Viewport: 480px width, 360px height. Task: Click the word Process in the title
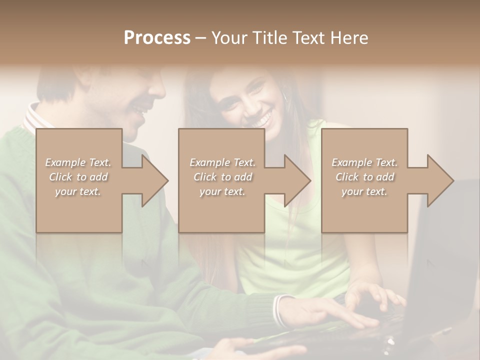tap(157, 38)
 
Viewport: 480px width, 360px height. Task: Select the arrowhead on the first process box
tap(152, 180)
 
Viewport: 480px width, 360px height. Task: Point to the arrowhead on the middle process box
tap(295, 180)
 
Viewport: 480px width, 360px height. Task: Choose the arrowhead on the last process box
tap(438, 180)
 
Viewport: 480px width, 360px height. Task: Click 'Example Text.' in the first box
tap(78, 162)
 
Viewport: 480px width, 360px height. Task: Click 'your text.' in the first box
tap(78, 191)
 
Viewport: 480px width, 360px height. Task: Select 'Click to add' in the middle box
tap(222, 177)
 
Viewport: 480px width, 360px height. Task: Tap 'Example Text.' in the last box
tap(364, 162)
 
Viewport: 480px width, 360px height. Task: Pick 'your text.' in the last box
tap(364, 191)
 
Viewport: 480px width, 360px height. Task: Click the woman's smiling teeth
tap(260, 120)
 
